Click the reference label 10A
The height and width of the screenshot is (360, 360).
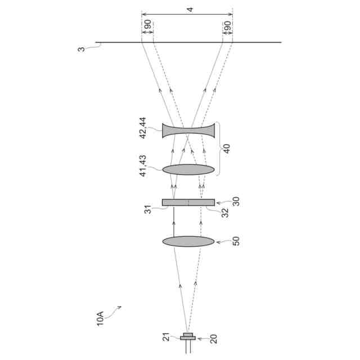coord(100,318)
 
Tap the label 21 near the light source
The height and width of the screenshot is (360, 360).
coord(166,337)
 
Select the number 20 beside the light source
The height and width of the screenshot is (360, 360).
coord(214,339)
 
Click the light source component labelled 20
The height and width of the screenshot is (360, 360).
coord(188,337)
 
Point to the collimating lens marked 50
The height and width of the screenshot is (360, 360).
coord(188,241)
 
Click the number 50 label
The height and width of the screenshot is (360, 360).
coord(236,241)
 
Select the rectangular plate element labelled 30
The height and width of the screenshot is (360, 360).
coord(188,202)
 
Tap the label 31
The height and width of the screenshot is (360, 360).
coord(148,209)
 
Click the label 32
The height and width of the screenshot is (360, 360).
coord(225,213)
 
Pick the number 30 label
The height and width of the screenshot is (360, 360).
coord(236,201)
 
